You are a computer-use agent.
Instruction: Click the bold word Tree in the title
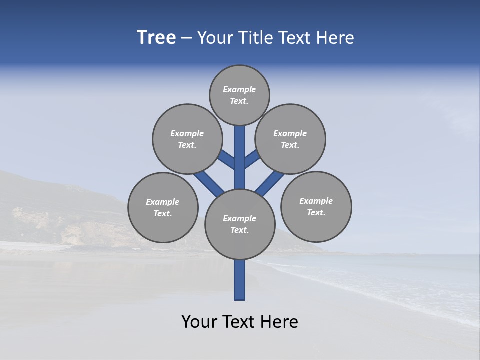(x=156, y=38)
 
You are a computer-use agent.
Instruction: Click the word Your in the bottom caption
(x=198, y=322)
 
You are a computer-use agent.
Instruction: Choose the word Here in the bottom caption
(x=279, y=322)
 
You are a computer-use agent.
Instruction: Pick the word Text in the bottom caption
(x=239, y=322)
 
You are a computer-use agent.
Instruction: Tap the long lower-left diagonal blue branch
(x=209, y=183)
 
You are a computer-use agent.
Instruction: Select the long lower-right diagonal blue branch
(x=270, y=183)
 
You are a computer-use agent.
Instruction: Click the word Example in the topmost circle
(x=239, y=90)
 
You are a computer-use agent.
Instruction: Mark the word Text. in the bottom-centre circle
(x=239, y=230)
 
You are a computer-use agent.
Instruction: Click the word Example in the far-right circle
(x=316, y=201)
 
